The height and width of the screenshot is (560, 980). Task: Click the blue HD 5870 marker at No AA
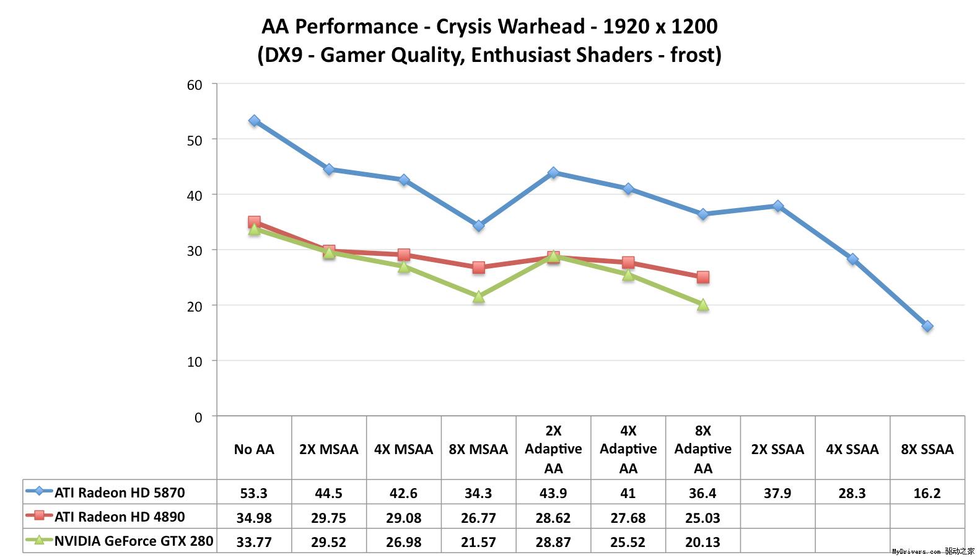[254, 121]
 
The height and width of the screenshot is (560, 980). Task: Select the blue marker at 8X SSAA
[927, 326]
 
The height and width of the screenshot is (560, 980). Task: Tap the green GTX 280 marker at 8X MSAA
[478, 297]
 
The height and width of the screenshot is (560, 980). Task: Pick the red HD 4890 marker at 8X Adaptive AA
[702, 278]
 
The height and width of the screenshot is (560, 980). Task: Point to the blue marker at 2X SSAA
[777, 206]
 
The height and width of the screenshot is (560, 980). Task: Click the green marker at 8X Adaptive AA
[702, 305]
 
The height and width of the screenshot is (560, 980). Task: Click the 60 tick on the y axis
[195, 85]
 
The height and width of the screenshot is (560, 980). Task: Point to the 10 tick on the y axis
[195, 362]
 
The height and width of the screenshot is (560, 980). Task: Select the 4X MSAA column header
[403, 449]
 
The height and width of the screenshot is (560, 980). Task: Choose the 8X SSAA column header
[927, 449]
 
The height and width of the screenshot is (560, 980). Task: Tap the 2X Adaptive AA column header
[553, 449]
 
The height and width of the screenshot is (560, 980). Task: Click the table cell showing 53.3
[254, 493]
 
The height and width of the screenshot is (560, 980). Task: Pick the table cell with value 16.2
[927, 493]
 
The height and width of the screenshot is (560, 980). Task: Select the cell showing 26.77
[478, 517]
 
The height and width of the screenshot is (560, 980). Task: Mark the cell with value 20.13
[702, 542]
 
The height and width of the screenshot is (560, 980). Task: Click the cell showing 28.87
[553, 542]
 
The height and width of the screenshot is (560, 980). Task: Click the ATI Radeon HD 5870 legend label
[120, 493]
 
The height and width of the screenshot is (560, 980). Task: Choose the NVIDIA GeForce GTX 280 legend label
[134, 541]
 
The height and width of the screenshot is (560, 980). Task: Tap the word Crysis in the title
[465, 27]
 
